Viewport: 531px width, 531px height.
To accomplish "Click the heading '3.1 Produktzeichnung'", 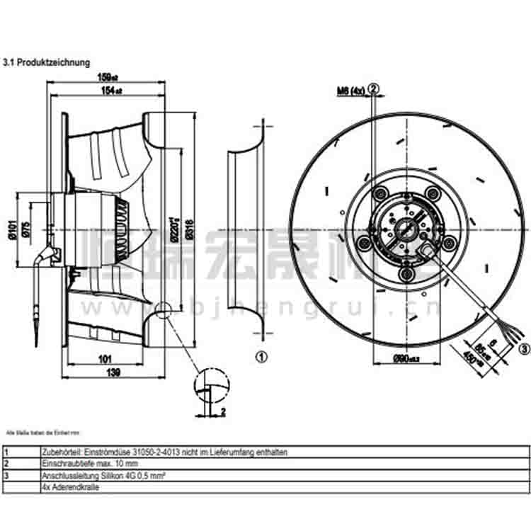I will click(x=47, y=62).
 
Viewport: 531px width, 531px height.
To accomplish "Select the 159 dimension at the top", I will click(x=105, y=78).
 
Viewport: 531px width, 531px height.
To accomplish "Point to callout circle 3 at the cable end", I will click(x=524, y=348).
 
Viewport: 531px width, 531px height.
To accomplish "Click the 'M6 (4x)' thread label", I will click(x=349, y=90).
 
